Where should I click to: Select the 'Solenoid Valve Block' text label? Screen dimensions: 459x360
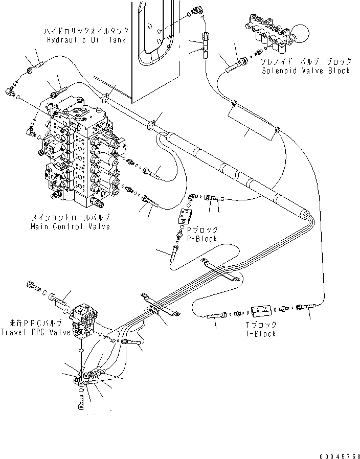pyautogui.click(x=306, y=71)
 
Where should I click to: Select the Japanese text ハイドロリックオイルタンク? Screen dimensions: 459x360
pyautogui.click(x=86, y=31)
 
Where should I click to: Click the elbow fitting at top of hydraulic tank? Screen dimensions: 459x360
pyautogui.click(x=196, y=10)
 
